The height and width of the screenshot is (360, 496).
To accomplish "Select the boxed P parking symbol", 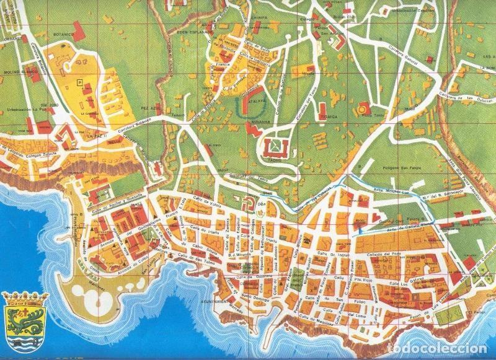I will [x=79, y=81].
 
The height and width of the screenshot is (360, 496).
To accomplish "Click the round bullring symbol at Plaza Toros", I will [x=361, y=110].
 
